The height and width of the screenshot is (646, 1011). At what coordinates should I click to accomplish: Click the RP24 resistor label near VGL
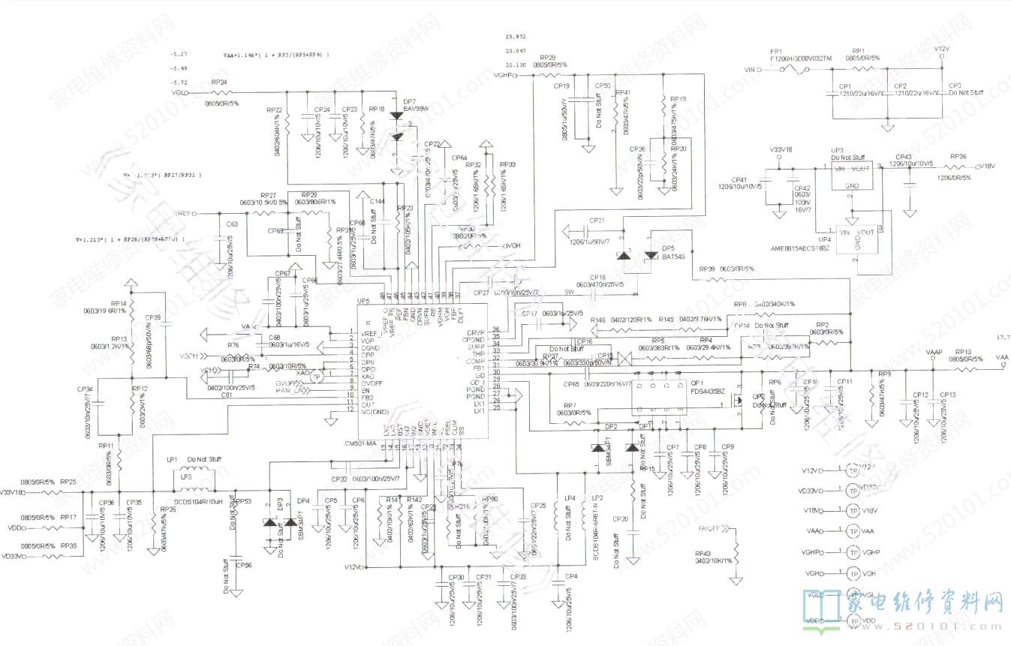219,82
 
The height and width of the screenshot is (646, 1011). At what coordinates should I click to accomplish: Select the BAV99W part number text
415,109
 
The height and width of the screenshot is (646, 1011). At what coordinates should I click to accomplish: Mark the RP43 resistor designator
703,553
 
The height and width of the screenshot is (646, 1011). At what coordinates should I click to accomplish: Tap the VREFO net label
185,214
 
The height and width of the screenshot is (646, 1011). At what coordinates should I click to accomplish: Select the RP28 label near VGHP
547,58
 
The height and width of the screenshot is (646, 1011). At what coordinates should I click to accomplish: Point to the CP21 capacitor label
597,221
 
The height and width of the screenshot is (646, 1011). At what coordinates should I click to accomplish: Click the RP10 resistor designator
964,351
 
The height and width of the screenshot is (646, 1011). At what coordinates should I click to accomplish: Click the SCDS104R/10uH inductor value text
196,500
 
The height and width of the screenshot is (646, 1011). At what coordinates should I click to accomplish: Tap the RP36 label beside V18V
958,157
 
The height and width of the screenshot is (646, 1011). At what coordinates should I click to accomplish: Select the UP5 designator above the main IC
363,301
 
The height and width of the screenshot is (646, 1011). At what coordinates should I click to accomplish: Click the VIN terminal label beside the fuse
748,70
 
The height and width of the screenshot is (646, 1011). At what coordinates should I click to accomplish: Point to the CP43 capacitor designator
904,157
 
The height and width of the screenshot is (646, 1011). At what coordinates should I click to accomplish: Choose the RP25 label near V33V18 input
68,481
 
